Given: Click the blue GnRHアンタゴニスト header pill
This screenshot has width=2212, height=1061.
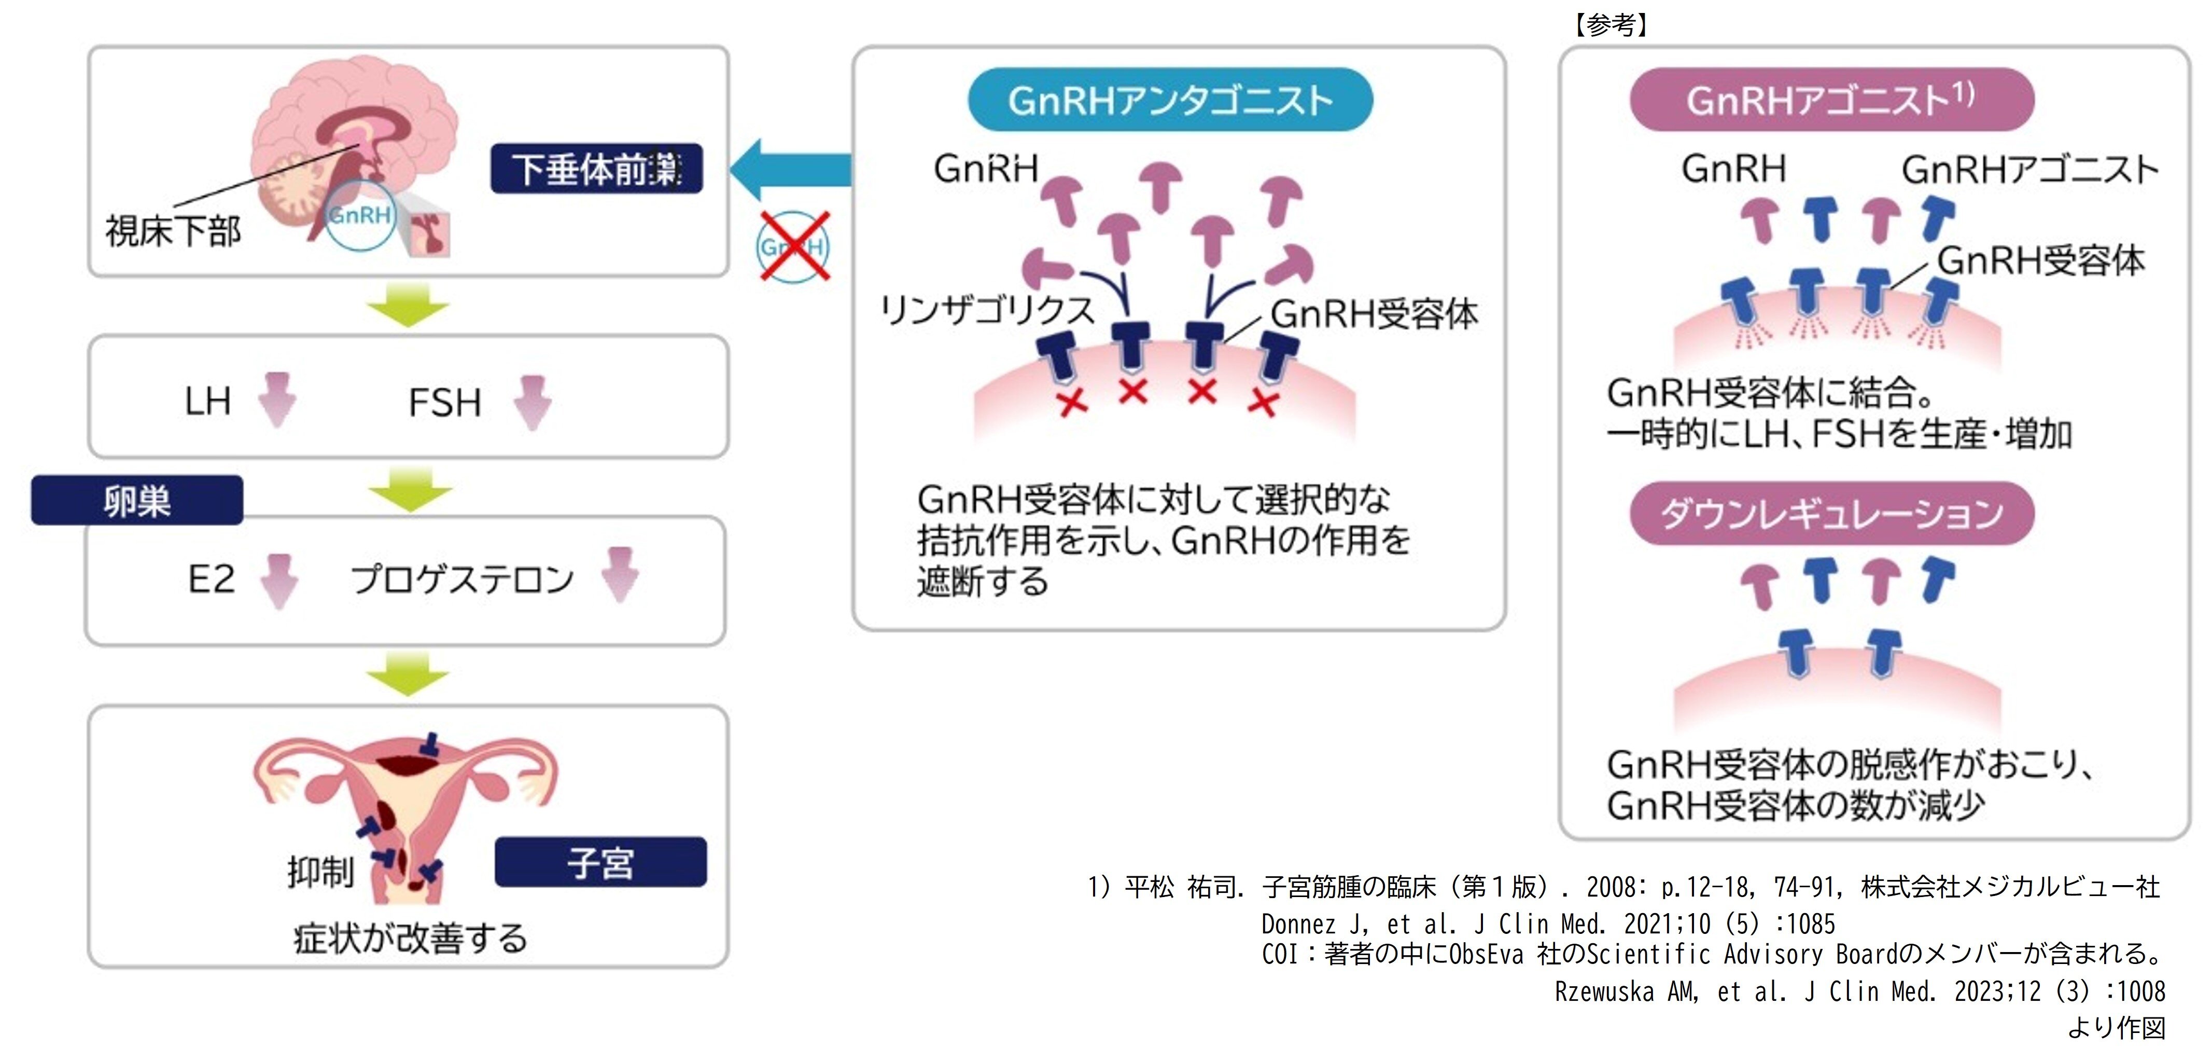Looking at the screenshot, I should click(1170, 101).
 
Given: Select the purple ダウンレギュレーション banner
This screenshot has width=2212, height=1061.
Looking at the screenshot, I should click(1831, 514).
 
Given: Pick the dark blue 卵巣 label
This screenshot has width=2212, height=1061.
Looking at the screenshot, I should click(137, 501).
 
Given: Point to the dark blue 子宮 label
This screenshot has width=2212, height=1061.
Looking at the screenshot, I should click(600, 862).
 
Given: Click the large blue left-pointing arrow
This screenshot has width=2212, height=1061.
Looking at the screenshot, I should click(790, 169).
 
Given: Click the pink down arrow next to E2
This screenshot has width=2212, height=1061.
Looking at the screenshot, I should click(279, 581).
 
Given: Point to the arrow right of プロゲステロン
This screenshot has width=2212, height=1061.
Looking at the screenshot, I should click(620, 575).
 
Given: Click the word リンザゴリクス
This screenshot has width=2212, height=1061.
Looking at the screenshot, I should click(987, 309).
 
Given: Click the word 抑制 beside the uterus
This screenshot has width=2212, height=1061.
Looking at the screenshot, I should click(320, 873).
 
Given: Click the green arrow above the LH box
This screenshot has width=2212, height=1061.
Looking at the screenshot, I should click(408, 305).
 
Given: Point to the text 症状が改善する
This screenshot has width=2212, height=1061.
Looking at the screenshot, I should click(411, 938).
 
